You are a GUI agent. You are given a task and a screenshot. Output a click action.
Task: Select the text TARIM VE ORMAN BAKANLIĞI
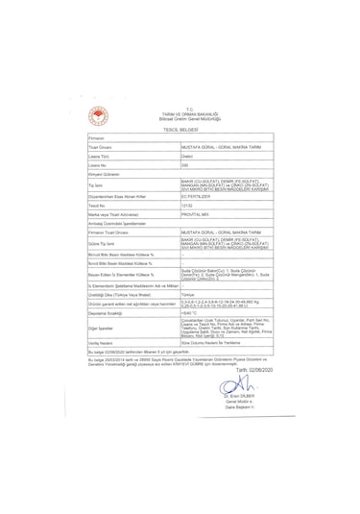[180, 113]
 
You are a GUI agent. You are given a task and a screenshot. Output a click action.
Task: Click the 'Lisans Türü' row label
[101, 155]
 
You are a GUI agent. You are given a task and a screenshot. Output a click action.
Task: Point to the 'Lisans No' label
[100, 164]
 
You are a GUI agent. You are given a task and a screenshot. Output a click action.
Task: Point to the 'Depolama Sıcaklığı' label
[109, 313]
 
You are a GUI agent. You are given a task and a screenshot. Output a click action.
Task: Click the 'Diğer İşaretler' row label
[105, 328]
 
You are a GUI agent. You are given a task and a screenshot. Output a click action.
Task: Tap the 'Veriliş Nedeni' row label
[104, 343]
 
